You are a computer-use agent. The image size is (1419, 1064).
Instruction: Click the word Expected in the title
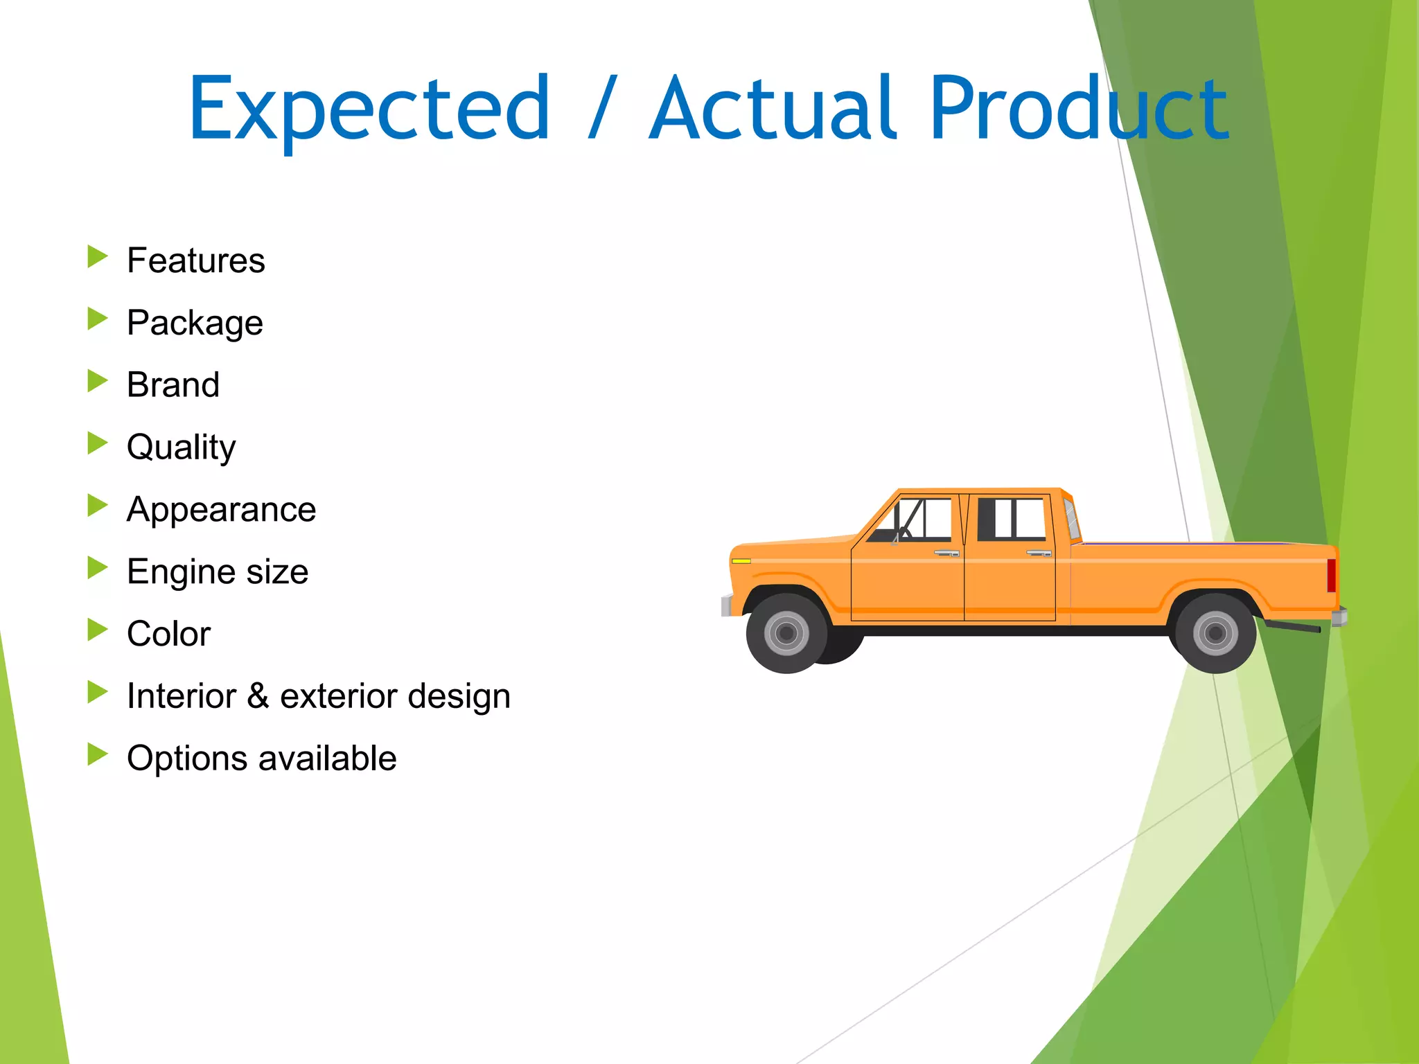369,109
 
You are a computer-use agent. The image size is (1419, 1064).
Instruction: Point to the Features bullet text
195,261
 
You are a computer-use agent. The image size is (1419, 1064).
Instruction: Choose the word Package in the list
195,323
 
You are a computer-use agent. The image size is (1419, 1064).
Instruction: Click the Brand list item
173,385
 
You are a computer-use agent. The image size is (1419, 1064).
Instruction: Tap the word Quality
181,447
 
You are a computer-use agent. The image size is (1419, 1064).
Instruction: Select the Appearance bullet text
221,510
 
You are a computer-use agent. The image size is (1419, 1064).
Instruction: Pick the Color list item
168,634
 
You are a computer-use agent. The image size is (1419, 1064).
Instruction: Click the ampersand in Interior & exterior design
258,695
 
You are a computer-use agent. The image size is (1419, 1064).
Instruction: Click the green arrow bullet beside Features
98,257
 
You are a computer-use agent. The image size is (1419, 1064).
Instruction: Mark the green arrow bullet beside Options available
98,754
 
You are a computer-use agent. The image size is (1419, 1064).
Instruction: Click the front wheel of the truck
786,632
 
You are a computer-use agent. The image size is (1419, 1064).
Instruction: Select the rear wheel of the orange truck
1215,632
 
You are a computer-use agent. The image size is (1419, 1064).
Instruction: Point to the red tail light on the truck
1331,575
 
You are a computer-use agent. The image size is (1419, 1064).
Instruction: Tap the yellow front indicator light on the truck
741,560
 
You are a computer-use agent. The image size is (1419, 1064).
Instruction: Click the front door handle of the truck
946,553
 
